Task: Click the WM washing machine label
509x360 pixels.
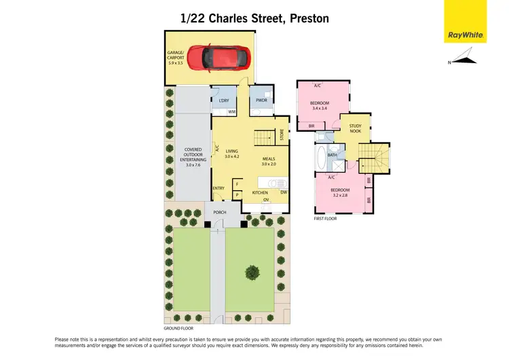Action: [231, 111]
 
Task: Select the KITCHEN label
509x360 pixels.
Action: [260, 193]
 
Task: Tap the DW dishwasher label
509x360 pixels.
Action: [282, 193]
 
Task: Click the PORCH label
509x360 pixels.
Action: [219, 212]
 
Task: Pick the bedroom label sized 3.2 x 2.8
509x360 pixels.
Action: [339, 192]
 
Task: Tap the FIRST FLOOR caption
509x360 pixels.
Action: [324, 218]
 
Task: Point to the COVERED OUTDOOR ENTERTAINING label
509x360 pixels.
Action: [193, 157]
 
